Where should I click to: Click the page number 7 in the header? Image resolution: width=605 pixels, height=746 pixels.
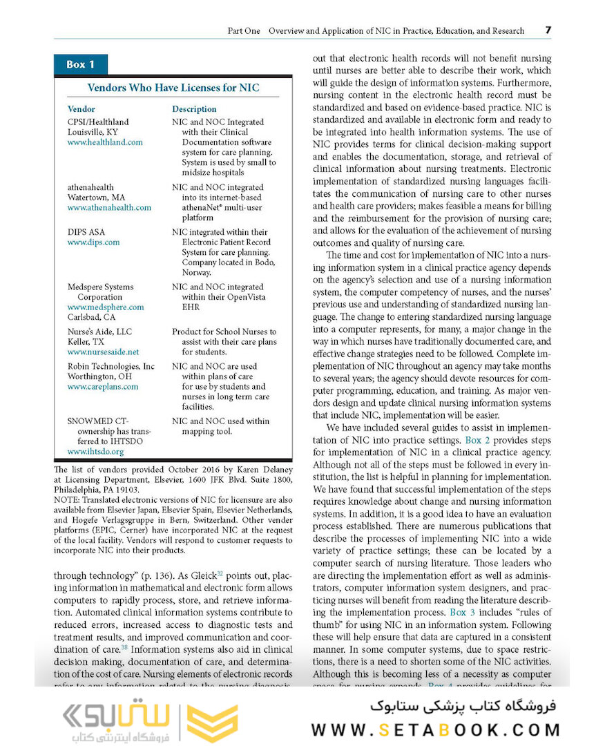click(548, 30)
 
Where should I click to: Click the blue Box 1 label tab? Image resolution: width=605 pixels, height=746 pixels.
click(80, 64)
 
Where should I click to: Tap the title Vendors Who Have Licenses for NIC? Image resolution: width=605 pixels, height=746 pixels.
click(173, 88)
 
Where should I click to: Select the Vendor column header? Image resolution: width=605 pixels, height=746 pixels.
click(81, 109)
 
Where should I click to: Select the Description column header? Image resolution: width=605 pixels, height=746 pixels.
click(194, 109)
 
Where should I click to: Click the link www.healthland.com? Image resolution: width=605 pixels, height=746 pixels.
click(105, 142)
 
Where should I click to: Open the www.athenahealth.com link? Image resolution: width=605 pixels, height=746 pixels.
click(109, 207)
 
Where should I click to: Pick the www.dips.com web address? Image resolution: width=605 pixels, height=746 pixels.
click(93, 242)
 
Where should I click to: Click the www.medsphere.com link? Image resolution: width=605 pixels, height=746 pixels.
click(106, 307)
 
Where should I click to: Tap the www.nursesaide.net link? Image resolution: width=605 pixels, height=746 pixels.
click(103, 352)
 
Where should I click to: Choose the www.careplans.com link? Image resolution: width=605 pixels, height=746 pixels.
click(102, 387)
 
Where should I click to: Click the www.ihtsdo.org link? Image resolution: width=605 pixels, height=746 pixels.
click(95, 452)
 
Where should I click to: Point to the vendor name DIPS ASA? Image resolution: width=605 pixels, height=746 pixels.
click(86, 232)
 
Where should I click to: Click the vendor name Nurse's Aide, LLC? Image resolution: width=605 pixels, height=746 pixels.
click(99, 332)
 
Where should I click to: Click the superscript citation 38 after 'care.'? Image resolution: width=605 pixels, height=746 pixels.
click(124, 647)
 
